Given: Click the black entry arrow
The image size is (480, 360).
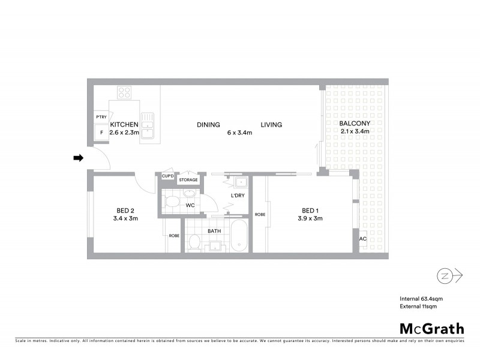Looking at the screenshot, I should tap(78, 158).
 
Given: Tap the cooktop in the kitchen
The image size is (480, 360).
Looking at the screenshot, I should tap(125, 92).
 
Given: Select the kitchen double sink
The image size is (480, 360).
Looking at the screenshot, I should tap(147, 125).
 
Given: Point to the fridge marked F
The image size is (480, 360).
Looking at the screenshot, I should tap(101, 132).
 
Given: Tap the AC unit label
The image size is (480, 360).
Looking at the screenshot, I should tap(362, 238).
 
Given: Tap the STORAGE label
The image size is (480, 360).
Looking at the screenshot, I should tap(188, 179).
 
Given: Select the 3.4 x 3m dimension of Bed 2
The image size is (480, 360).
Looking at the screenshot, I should tap(125, 218).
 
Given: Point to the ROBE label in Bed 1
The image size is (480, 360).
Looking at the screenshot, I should tap(260, 214).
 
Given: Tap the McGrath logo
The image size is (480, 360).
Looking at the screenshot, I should tap(431, 328).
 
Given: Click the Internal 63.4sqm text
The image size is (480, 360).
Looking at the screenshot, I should tap(421, 298).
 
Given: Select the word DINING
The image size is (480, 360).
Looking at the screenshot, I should tap(208, 125).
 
